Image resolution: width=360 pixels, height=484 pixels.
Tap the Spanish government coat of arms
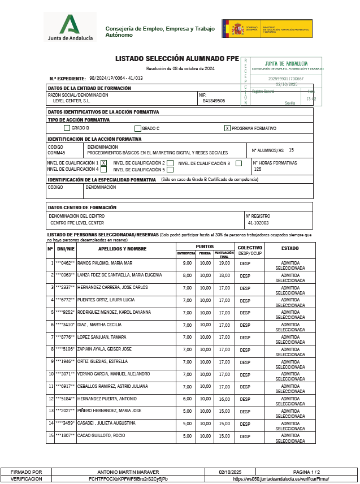click(x=237, y=28)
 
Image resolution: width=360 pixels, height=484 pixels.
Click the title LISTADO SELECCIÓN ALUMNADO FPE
click(x=177, y=58)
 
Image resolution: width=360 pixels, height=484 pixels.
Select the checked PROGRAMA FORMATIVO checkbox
click(x=227, y=128)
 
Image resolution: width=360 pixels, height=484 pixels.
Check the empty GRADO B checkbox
click(x=67, y=128)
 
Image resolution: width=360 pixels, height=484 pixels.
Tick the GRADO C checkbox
click(x=137, y=128)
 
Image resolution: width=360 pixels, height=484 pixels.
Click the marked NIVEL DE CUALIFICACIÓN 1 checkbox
click(x=103, y=163)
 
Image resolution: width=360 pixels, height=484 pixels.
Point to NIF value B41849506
click(x=214, y=101)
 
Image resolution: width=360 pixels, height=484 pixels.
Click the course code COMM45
click(x=57, y=153)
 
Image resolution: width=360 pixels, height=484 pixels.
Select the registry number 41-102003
click(x=258, y=223)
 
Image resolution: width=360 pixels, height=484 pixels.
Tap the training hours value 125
click(x=258, y=169)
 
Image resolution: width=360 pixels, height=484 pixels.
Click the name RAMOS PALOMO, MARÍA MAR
click(x=105, y=263)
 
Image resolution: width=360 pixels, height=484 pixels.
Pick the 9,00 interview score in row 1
click(x=188, y=263)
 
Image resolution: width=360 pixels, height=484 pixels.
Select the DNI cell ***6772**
click(x=65, y=300)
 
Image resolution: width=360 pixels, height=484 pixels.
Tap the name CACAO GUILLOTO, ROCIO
click(x=101, y=436)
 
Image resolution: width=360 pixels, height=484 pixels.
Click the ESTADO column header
click(x=290, y=248)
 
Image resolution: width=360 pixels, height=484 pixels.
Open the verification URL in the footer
click(x=281, y=478)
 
